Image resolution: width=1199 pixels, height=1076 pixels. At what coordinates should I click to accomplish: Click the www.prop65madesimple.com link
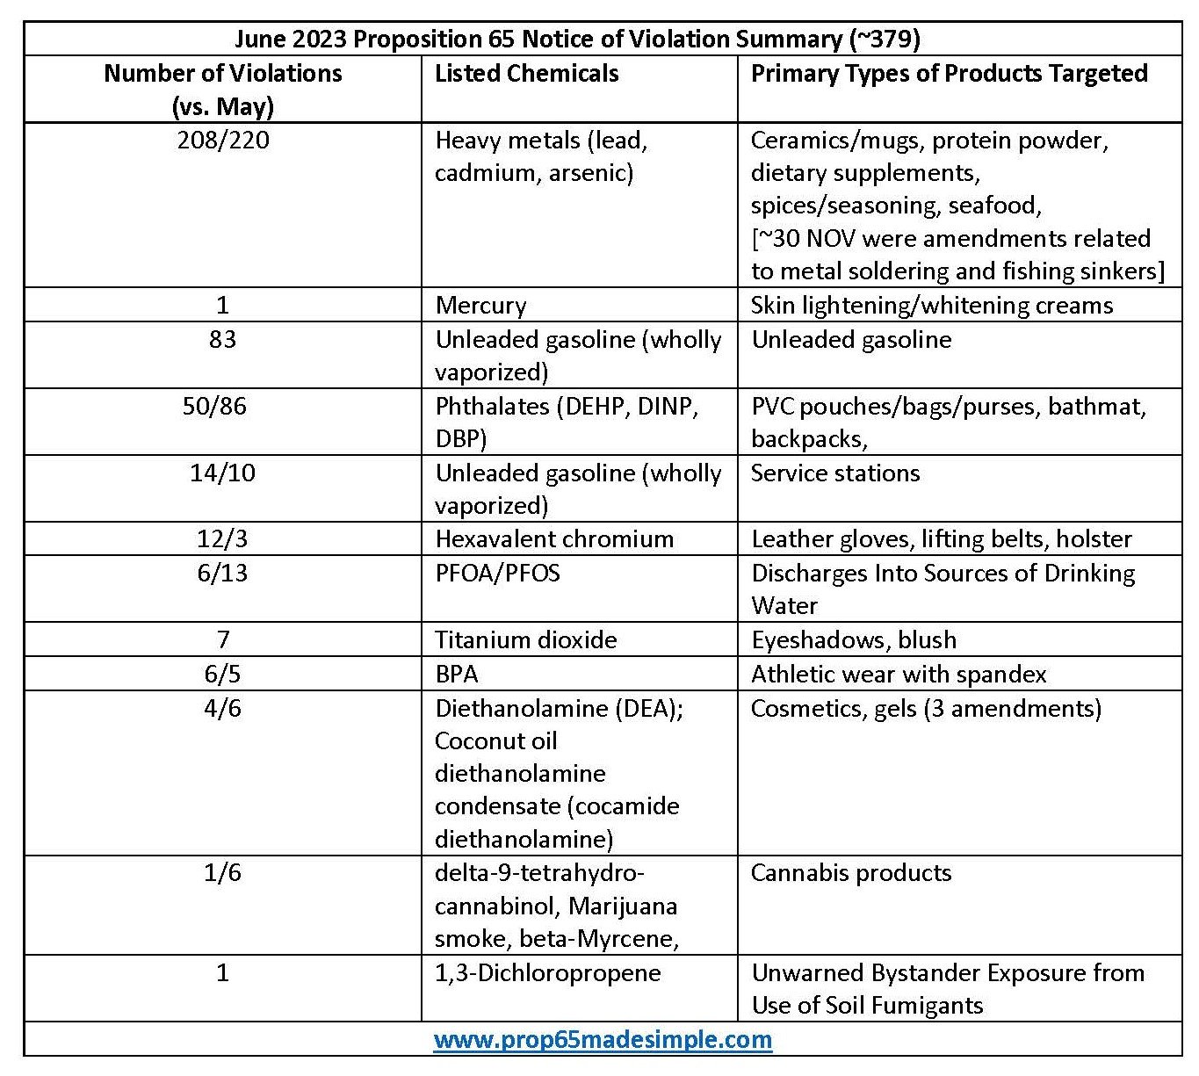click(603, 1039)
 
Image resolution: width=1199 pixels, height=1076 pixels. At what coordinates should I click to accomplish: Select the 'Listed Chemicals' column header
click(527, 74)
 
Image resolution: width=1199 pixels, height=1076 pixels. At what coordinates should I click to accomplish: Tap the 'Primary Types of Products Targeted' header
click(950, 74)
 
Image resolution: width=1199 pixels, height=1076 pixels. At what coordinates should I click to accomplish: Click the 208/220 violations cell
click(223, 140)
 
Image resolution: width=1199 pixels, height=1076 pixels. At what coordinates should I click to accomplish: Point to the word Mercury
click(480, 306)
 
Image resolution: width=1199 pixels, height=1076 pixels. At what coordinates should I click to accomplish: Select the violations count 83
click(222, 339)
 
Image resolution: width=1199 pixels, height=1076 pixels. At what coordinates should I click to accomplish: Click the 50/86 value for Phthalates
click(214, 406)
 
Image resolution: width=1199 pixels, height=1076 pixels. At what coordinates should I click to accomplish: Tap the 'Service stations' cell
click(835, 473)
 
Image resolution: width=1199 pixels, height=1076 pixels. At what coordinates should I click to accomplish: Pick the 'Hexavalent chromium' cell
click(554, 539)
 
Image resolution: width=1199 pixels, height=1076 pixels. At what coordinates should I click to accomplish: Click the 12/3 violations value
click(222, 539)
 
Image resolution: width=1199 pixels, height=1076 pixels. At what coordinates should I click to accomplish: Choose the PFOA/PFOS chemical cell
click(497, 573)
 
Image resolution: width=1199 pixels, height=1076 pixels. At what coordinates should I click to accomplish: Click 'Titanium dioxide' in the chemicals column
click(525, 639)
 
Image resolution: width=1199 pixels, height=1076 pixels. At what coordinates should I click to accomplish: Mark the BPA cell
click(456, 674)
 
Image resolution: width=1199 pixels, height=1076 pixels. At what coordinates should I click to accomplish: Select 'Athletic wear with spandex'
click(899, 674)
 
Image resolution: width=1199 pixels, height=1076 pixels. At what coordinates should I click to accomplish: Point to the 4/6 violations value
click(222, 708)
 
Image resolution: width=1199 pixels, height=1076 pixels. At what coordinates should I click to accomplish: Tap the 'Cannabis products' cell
click(851, 872)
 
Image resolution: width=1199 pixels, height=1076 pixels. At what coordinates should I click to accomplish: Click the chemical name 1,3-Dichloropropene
click(547, 973)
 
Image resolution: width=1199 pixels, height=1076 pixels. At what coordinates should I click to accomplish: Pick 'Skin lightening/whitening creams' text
click(931, 306)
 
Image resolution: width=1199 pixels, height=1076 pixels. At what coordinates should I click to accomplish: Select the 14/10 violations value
click(222, 473)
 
